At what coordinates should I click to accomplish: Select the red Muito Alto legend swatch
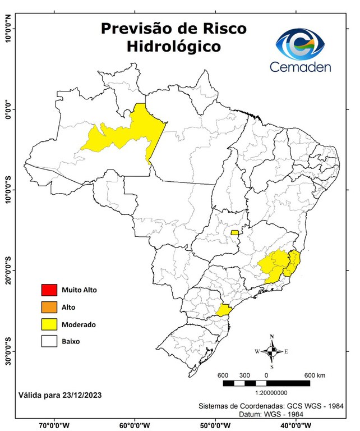[49, 290]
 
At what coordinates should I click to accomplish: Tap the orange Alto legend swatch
[49, 307]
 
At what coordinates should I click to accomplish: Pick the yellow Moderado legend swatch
[49, 324]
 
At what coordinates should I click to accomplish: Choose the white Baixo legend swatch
[49, 341]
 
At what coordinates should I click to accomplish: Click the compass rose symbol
[271, 351]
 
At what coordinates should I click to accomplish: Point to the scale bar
[266, 383]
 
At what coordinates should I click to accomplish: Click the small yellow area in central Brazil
[234, 232]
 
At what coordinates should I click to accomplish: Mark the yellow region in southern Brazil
[224, 310]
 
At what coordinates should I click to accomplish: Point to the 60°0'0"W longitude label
[134, 425]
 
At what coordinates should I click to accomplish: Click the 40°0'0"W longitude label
[296, 425]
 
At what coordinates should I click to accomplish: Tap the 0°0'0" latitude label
[8, 109]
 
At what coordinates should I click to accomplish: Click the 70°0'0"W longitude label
[54, 425]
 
